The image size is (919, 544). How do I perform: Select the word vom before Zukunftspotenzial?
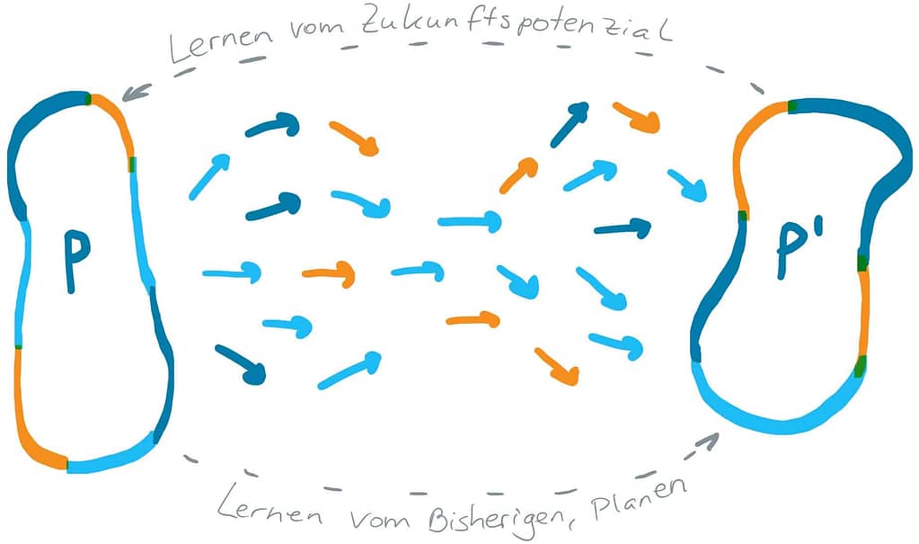pyautogui.click(x=316, y=28)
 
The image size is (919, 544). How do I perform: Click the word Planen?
pyautogui.click(x=639, y=498)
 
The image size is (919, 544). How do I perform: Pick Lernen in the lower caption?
pyautogui.click(x=270, y=508)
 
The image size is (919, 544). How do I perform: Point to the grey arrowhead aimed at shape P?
pyautogui.click(x=136, y=92)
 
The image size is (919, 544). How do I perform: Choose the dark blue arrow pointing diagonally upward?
pyautogui.click(x=570, y=124)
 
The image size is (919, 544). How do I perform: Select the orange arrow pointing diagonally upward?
pyautogui.click(x=518, y=174)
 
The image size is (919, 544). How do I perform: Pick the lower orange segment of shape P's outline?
pyautogui.click(x=32, y=424)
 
